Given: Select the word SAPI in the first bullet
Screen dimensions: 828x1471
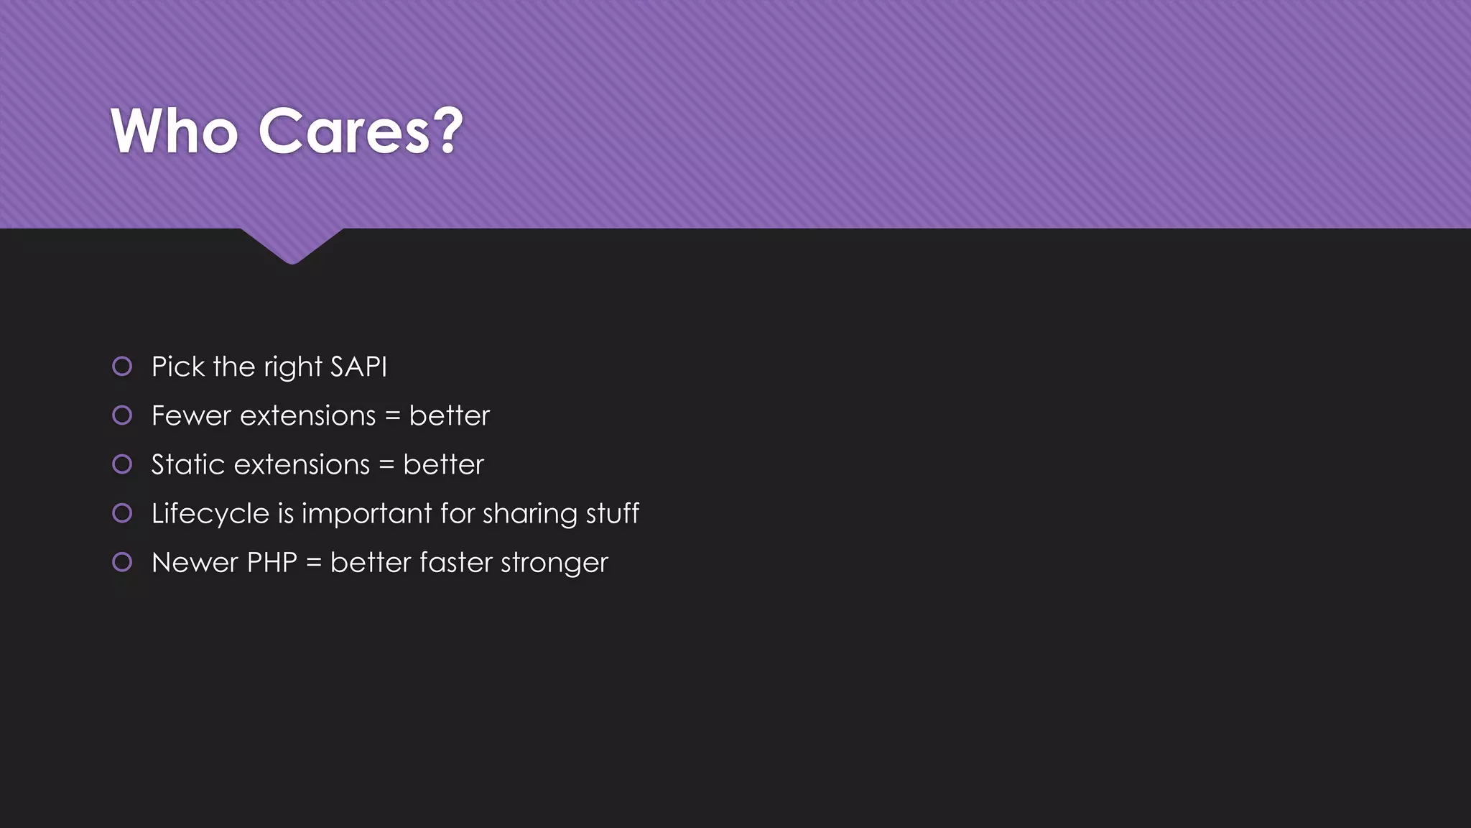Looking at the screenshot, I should [x=358, y=367].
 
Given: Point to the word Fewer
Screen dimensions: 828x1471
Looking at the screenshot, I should [x=191, y=416].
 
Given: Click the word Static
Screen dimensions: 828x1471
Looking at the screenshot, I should [x=188, y=465].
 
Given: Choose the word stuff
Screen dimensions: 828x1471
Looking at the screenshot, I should [x=613, y=514].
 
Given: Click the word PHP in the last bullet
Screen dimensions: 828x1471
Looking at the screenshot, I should [x=272, y=563].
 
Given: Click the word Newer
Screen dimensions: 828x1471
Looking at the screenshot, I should [x=195, y=563].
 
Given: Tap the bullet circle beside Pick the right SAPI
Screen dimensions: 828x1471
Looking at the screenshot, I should [x=122, y=367].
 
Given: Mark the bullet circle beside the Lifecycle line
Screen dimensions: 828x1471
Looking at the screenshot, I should [x=122, y=513].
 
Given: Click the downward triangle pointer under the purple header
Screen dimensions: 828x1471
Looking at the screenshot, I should [x=292, y=245].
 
